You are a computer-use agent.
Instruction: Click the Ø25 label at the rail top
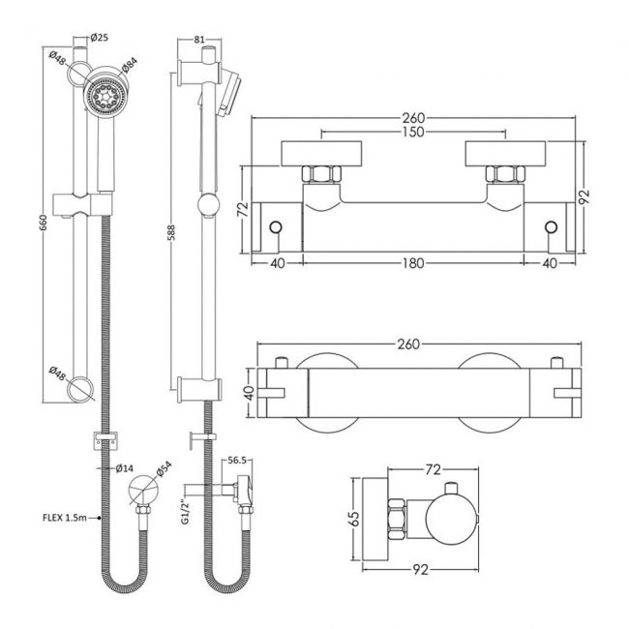pos(98,39)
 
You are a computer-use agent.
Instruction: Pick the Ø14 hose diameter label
pos(124,468)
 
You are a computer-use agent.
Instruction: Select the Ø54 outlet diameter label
pos(164,468)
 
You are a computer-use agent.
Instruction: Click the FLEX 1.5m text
pos(66,519)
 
